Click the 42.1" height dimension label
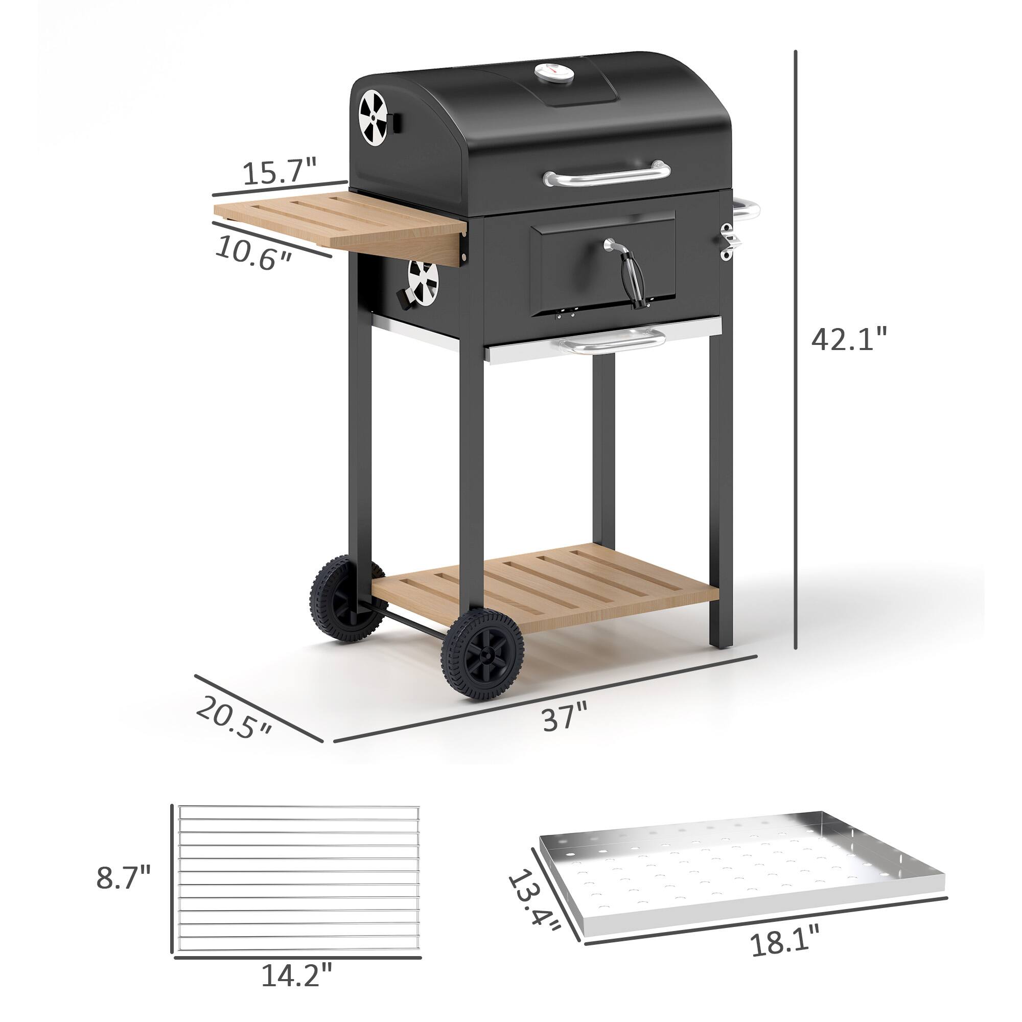(x=848, y=339)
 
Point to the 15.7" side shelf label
(x=280, y=172)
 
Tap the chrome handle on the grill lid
(x=607, y=174)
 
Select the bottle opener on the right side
(x=728, y=241)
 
